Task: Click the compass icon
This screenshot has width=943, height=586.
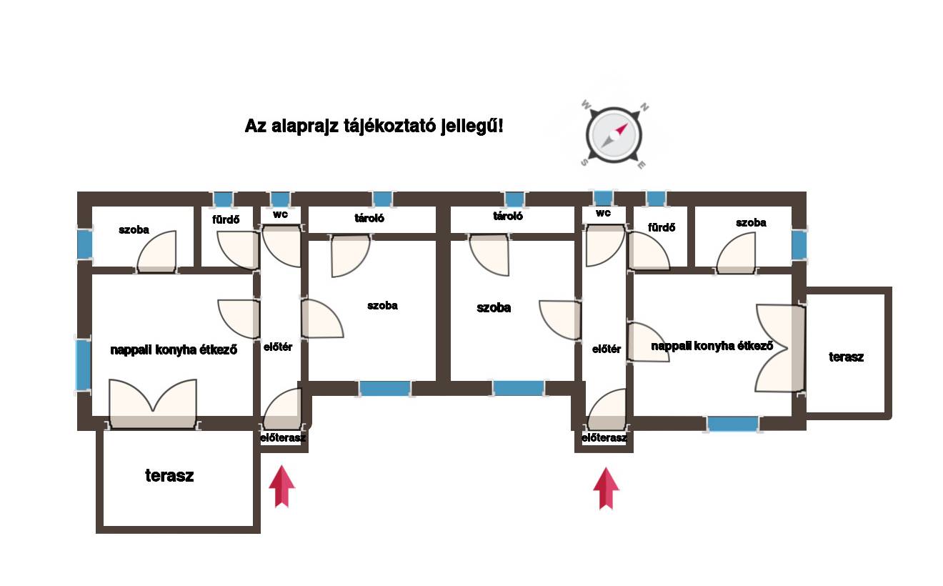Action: click(614, 135)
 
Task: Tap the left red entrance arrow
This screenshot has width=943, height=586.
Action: click(282, 486)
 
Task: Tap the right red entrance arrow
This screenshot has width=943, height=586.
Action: click(607, 488)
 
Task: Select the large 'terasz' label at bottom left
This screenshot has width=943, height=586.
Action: click(169, 476)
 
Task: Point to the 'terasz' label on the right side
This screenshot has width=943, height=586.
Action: click(846, 357)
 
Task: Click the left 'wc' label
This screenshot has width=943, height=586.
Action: click(280, 214)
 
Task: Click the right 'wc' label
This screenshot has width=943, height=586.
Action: click(603, 213)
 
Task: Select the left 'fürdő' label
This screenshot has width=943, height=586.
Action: click(226, 219)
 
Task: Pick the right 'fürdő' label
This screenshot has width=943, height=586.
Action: click(662, 227)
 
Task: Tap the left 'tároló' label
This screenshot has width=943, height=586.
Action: click(369, 218)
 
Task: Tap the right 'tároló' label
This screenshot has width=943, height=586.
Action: click(508, 216)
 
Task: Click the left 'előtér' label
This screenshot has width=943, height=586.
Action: click(278, 347)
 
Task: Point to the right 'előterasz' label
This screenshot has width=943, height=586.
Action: click(604, 438)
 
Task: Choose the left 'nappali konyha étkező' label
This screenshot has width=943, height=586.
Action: click(174, 350)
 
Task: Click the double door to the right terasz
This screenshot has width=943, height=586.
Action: click(779, 349)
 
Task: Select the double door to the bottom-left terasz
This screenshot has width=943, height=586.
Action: click(153, 404)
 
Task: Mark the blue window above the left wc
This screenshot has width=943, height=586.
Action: click(280, 199)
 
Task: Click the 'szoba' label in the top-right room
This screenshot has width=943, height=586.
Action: click(751, 223)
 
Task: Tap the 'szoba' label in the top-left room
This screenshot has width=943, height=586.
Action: click(134, 230)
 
